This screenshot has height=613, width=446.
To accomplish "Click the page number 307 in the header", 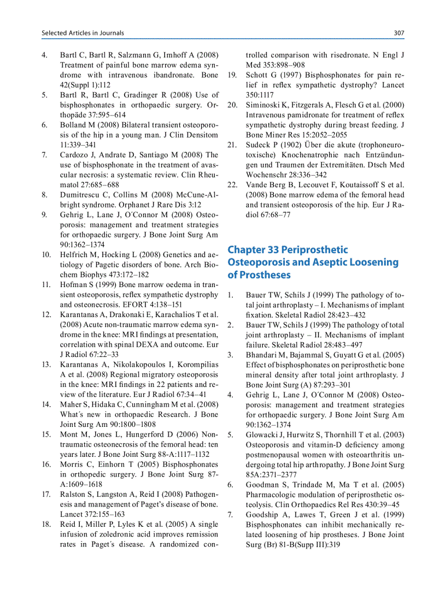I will (398, 33).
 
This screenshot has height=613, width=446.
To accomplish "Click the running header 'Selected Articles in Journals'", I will (83, 33).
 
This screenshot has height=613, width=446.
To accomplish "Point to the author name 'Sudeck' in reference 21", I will (260, 145).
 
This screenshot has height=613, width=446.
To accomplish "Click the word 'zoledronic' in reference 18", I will (114, 534).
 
